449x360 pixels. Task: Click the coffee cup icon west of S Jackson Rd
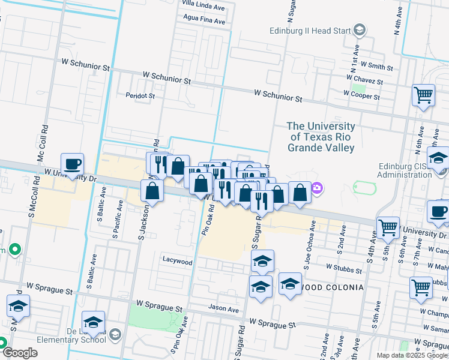[72, 164]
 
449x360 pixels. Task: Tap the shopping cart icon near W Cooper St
[423, 95]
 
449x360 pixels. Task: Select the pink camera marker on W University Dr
[317, 189]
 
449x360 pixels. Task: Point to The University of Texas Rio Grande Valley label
[321, 137]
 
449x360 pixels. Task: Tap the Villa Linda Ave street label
[203, 7]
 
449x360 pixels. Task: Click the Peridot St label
[140, 95]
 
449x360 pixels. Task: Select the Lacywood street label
[177, 261]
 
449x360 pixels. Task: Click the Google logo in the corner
[20, 353]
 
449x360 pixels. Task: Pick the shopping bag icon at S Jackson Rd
[152, 191]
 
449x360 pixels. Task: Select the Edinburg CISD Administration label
[404, 171]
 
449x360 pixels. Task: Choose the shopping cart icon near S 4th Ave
[388, 227]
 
